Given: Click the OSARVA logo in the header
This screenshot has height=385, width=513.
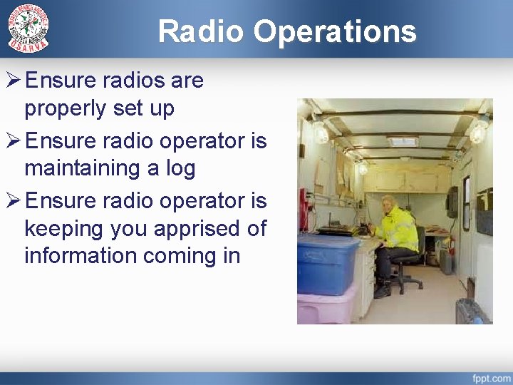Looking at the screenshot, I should coord(28,28).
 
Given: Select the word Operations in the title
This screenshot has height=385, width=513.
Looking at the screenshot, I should coord(334,31).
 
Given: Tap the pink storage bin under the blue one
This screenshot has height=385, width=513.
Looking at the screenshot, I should coord(324,307).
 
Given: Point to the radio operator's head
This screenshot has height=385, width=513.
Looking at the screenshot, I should coord(390,202).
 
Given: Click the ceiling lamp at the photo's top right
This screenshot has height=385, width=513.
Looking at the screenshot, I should coord(478,130).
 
